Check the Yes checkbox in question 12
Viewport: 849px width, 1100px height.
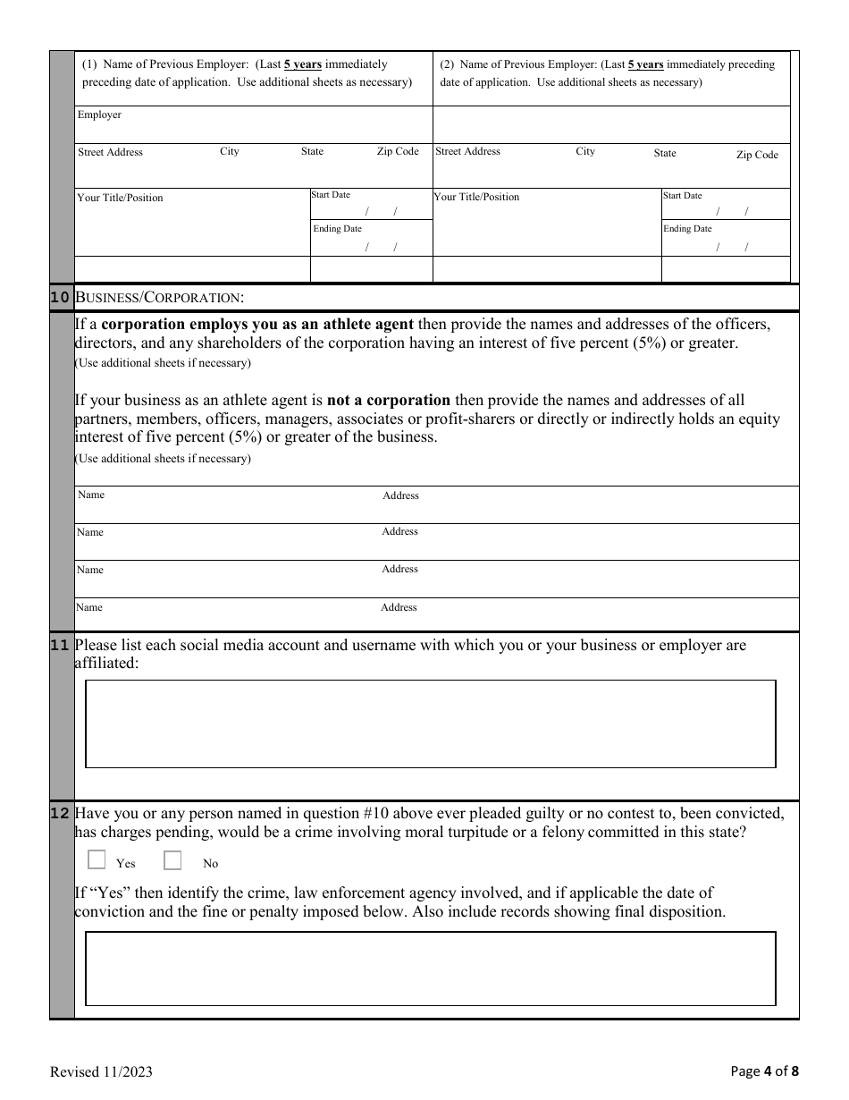click(x=97, y=860)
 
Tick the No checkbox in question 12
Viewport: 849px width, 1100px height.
click(x=172, y=860)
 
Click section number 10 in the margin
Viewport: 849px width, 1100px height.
click(x=60, y=297)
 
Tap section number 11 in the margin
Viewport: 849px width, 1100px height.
click(x=60, y=645)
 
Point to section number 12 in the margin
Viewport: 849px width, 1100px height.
click(x=60, y=813)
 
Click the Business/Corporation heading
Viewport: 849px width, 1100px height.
click(x=159, y=297)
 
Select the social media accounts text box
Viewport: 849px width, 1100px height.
click(x=430, y=723)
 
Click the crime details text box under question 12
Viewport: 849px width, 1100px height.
click(x=430, y=969)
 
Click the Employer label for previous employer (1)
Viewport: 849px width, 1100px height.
click(x=99, y=115)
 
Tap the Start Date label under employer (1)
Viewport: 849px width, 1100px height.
click(x=331, y=195)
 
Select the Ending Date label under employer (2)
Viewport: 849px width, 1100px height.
click(x=687, y=229)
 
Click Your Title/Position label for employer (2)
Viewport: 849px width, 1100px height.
click(x=476, y=197)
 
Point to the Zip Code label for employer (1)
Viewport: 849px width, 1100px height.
click(x=398, y=151)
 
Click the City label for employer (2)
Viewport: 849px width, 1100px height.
click(x=585, y=151)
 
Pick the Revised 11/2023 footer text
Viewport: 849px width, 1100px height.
click(x=95, y=1071)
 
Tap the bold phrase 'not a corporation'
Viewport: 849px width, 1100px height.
click(x=389, y=400)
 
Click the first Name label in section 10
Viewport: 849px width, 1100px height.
click(x=91, y=495)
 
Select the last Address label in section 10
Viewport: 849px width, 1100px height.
click(x=399, y=607)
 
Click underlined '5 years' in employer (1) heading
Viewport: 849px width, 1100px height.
click(x=303, y=64)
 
